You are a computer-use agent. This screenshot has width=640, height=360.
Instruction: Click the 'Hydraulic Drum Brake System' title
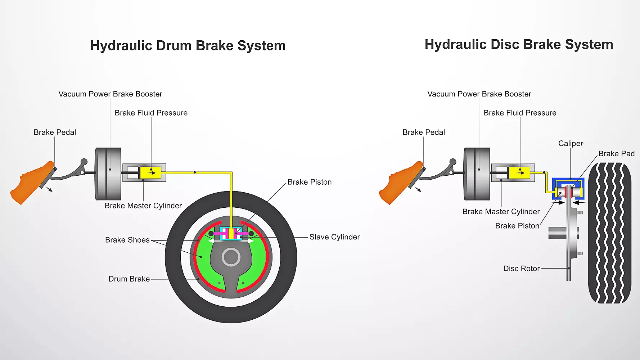(x=188, y=46)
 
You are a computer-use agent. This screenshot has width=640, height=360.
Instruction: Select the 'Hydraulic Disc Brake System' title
(x=519, y=45)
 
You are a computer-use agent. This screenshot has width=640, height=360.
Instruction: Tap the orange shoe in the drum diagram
(x=31, y=184)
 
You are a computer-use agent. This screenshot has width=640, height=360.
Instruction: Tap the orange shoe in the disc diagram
(x=400, y=184)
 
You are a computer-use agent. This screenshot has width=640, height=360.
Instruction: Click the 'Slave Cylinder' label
(x=334, y=237)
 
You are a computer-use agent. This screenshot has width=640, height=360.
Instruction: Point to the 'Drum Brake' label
(x=129, y=279)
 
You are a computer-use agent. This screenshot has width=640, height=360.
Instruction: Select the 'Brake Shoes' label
(x=127, y=240)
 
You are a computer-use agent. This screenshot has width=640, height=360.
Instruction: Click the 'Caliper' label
(x=571, y=143)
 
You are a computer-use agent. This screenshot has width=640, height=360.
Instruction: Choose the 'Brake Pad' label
(x=616, y=154)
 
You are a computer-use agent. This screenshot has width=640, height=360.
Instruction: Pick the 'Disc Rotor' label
(x=521, y=269)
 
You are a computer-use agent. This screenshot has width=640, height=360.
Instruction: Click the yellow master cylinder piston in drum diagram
(x=150, y=173)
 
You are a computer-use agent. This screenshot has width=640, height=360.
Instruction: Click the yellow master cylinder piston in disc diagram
(x=519, y=173)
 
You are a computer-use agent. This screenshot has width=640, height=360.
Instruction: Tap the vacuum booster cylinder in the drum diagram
(x=108, y=174)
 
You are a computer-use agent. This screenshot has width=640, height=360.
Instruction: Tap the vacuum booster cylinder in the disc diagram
(x=477, y=174)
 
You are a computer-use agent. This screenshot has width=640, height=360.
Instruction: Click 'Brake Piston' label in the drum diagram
(x=310, y=182)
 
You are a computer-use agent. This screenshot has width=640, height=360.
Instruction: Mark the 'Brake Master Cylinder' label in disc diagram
(x=501, y=212)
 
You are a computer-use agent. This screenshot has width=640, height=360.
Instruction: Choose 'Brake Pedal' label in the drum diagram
(x=55, y=132)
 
